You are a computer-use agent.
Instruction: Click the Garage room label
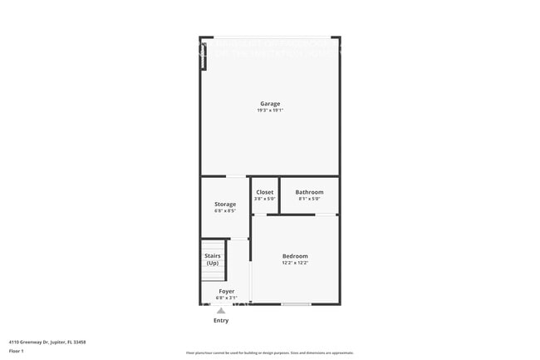(270, 104)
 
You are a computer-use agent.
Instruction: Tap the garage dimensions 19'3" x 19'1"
(270, 111)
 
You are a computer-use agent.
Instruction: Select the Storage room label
(225, 204)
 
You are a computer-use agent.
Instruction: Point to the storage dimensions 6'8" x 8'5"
(225, 211)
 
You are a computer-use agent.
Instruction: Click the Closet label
(264, 192)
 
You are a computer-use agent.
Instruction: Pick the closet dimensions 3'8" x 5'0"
(264, 199)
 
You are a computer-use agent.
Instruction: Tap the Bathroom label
(309, 192)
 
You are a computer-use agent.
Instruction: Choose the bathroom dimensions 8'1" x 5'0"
(309, 199)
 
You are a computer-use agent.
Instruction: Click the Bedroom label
(295, 256)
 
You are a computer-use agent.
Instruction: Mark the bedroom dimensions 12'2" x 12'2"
(295, 263)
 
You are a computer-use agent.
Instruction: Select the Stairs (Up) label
(213, 259)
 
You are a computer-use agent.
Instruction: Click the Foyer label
(226, 291)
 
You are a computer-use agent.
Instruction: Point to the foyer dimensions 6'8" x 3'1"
(226, 298)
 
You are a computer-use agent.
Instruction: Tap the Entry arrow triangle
(221, 311)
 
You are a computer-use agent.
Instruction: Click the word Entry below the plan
(221, 320)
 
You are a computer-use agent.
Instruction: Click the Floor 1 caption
(17, 351)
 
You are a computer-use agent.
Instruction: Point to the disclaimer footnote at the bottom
(269, 353)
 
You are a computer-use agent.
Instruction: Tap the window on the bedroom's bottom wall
(296, 304)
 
